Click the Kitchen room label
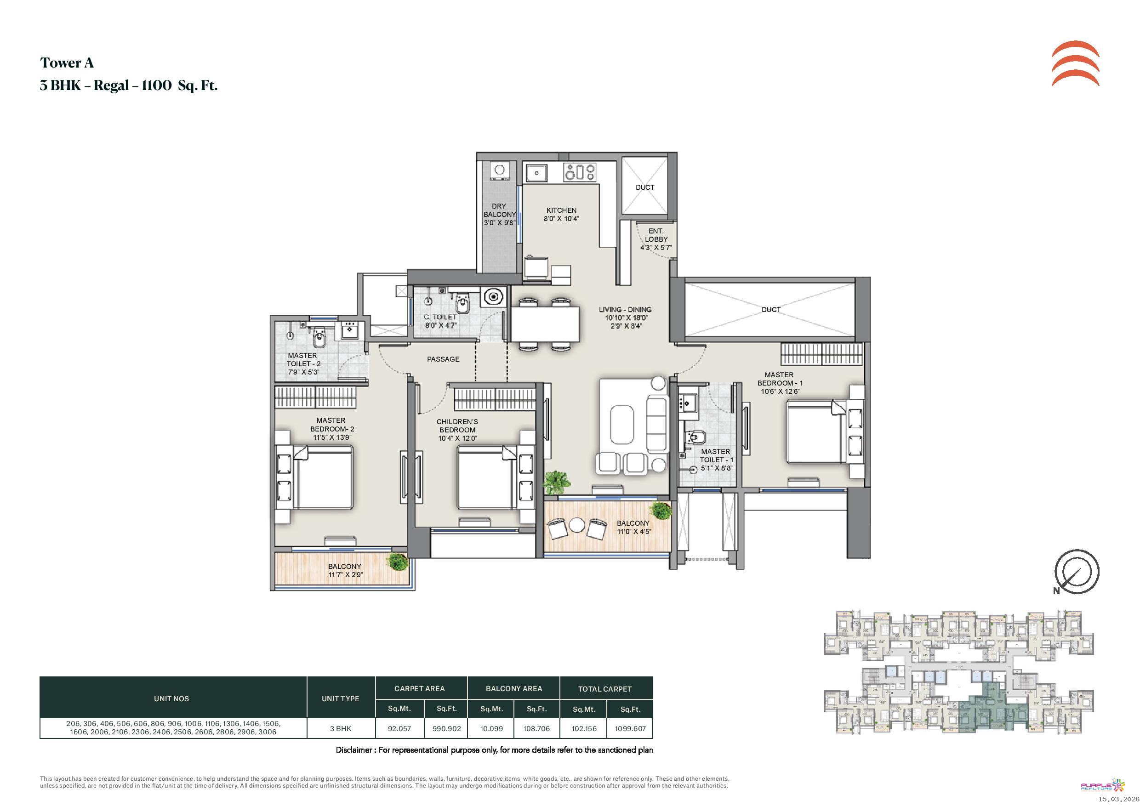tap(562, 210)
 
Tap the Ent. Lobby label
tap(656, 235)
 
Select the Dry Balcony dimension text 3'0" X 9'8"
tap(500, 223)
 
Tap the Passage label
tap(443, 359)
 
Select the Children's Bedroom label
tap(457, 426)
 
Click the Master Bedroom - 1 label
tap(780, 379)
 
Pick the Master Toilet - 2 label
tap(303, 359)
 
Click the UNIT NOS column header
tap(171, 698)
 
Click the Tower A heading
tap(67, 62)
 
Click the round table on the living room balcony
tap(577, 525)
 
